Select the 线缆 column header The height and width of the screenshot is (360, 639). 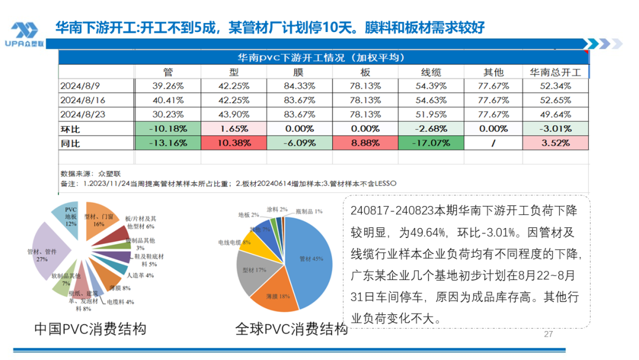[431, 72]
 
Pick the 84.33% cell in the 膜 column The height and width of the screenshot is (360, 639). [299, 86]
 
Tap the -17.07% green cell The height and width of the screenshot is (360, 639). [431, 143]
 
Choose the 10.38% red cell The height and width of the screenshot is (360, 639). [234, 143]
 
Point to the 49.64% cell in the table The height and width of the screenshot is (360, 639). [556, 114]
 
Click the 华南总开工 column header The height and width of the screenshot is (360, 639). [556, 72]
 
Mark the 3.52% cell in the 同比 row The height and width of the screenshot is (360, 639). [556, 143]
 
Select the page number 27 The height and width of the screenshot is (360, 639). [548, 335]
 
